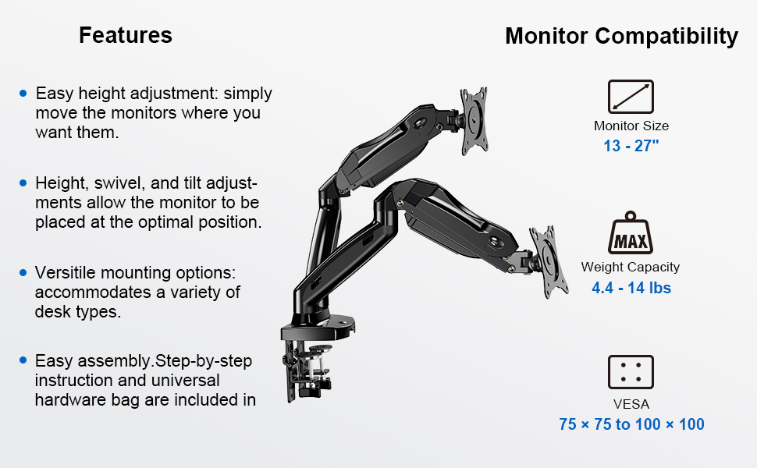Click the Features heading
pos(126,35)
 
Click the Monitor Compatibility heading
pos(621,36)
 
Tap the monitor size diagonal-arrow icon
pos(631,97)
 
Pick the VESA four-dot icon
pos(631,372)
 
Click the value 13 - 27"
pos(631,146)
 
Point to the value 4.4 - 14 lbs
pos(631,288)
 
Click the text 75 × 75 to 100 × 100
pos(631,424)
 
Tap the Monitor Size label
pos(631,126)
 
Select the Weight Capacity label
pos(631,267)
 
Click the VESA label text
pos(631,404)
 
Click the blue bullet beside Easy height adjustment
pos(23,94)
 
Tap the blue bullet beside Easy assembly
pos(23,361)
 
